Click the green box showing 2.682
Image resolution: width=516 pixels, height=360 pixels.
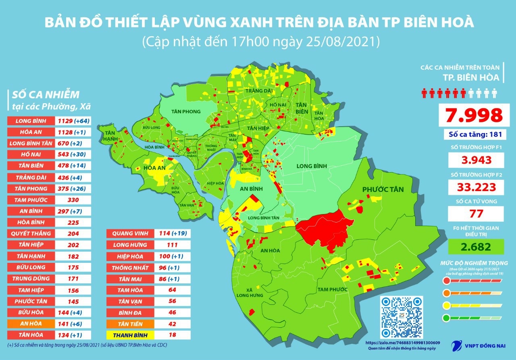[x=476, y=246]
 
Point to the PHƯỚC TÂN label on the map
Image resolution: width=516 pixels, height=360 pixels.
[x=383, y=189]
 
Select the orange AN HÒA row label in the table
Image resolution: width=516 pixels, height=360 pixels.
[x=30, y=324]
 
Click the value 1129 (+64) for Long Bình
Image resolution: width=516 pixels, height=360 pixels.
[x=73, y=121]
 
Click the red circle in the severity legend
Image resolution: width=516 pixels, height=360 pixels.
[x=446, y=281]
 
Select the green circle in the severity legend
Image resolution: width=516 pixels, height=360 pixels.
[x=446, y=317]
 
